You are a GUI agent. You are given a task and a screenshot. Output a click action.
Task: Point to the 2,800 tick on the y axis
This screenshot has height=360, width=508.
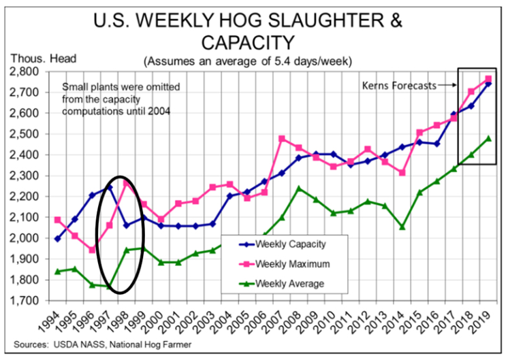30,71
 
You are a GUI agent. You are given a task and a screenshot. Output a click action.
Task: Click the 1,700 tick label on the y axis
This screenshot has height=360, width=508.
30,300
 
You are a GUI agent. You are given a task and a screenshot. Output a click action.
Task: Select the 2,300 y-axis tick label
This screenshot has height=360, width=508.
30,176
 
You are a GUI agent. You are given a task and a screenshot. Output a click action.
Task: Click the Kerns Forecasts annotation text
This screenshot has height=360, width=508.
398,86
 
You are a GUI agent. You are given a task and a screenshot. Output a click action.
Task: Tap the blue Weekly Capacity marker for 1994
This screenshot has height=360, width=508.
57,239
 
